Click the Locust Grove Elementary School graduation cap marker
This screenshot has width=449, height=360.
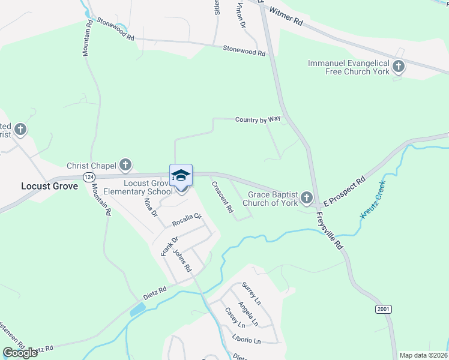181,175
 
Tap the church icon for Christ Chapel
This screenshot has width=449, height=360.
125,164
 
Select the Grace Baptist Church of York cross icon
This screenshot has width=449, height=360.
307,197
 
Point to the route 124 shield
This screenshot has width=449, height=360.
89,177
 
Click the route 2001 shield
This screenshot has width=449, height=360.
384,309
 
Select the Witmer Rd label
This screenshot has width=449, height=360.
286,16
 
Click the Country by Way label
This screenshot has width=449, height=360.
258,119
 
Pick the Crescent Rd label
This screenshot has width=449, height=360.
221,197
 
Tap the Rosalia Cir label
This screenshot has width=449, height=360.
187,221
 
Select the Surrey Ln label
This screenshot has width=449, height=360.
251,292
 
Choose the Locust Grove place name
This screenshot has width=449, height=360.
50,186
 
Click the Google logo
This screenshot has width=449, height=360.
20,353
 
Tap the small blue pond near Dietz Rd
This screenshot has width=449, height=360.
137,310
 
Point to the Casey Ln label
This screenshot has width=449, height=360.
235,317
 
